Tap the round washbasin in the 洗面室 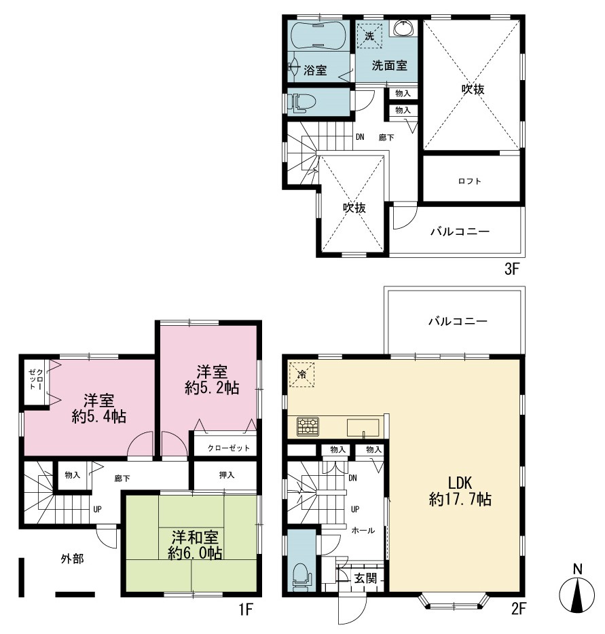[x=403, y=28]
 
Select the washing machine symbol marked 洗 [x=369, y=35]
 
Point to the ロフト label [x=469, y=181]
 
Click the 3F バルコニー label [x=460, y=231]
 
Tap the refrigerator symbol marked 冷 [x=301, y=375]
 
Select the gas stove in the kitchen [x=308, y=426]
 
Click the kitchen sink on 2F [x=363, y=428]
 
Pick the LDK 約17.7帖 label [x=460, y=491]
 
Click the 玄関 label [x=365, y=578]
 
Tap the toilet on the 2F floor [x=301, y=574]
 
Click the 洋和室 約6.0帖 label [x=195, y=545]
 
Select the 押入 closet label [x=227, y=474]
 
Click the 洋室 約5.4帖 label [x=99, y=409]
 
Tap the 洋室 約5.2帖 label [x=212, y=379]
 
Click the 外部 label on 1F [x=73, y=559]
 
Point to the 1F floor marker [x=246, y=608]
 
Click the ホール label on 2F [x=363, y=531]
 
